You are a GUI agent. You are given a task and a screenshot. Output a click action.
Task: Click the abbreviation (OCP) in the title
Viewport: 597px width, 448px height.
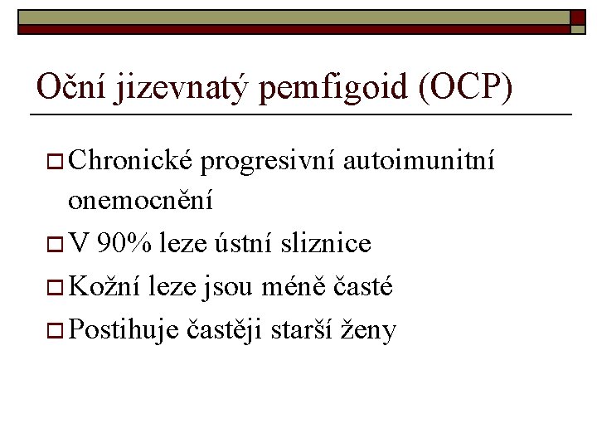(x=467, y=86)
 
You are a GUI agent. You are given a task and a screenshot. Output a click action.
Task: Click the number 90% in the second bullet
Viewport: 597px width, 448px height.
(x=124, y=244)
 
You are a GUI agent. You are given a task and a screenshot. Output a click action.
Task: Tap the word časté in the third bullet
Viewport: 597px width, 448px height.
(x=363, y=287)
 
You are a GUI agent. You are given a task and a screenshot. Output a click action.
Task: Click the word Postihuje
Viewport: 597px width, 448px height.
(x=123, y=330)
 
